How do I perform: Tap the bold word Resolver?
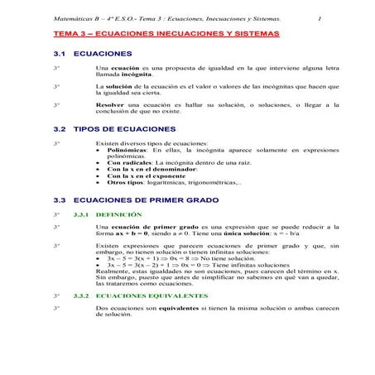click(110, 106)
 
